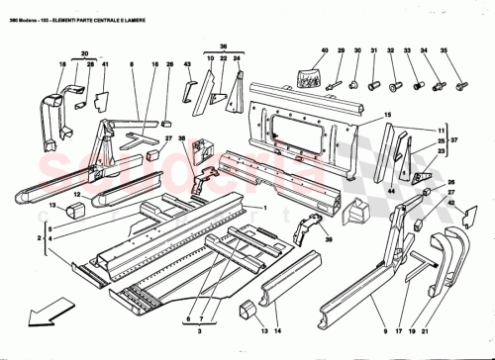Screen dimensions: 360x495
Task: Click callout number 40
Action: [324, 50]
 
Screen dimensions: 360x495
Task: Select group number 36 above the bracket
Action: [224, 46]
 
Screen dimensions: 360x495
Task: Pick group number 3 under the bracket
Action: [201, 237]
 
